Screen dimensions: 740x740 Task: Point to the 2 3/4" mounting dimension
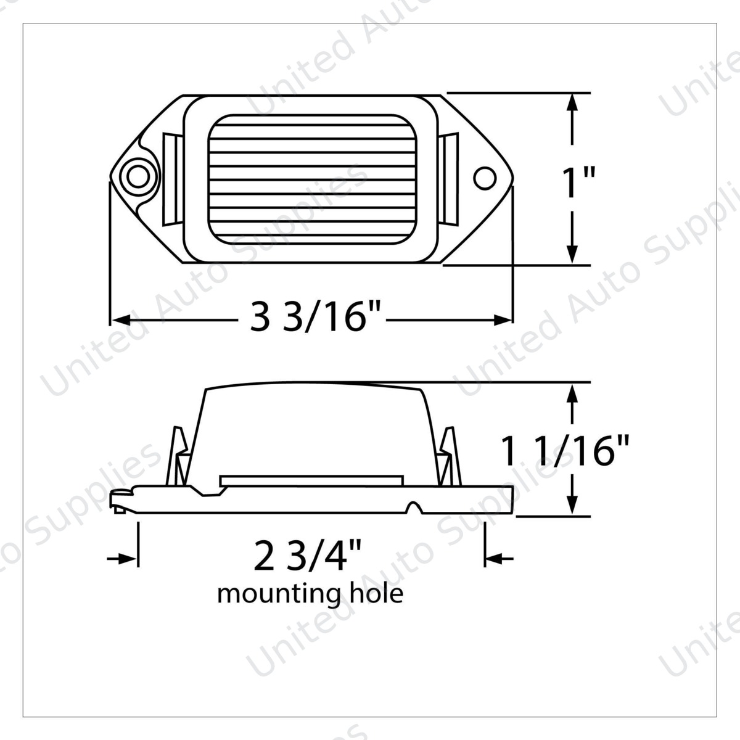(x=307, y=554)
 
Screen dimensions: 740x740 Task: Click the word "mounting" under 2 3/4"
(x=279, y=594)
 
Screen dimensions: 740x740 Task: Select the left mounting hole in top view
(x=138, y=177)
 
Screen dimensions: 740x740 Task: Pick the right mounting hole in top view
(x=485, y=178)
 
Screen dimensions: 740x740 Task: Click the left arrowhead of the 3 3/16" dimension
(x=120, y=319)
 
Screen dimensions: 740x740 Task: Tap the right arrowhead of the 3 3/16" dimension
(x=503, y=319)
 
